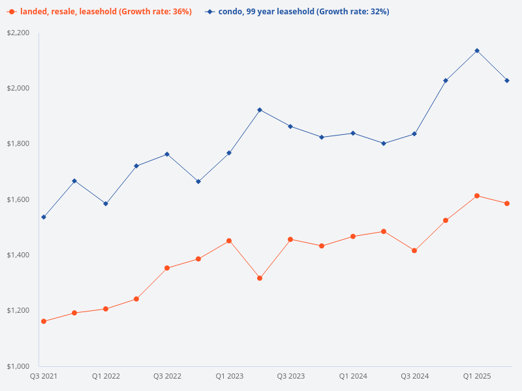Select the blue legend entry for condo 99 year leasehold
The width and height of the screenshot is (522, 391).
[x=298, y=12]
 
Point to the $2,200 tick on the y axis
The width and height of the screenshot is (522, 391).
[x=19, y=33]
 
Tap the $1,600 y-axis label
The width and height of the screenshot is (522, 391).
[x=19, y=199]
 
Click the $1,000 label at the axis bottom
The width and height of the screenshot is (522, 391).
[x=19, y=366]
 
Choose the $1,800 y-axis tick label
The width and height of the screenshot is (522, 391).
[x=19, y=143]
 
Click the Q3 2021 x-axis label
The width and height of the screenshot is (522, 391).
[x=44, y=376]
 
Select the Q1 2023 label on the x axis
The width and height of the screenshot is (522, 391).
[x=229, y=376]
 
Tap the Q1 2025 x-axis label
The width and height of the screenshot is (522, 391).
[x=476, y=376]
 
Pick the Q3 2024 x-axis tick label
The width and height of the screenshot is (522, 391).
[x=414, y=376]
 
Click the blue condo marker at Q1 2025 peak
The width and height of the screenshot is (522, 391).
[x=476, y=50]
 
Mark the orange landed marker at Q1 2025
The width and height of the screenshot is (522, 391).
[x=476, y=195]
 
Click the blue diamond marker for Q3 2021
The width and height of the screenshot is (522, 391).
[x=44, y=217]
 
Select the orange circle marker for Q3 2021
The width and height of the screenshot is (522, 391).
[x=44, y=321]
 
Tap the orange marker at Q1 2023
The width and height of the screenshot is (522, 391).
[x=229, y=240]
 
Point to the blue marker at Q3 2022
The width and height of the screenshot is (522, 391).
[x=167, y=154]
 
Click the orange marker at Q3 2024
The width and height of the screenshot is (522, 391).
[x=414, y=250]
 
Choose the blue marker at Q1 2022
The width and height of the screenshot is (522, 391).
[x=106, y=203]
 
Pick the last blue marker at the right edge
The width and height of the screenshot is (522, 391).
[x=507, y=80]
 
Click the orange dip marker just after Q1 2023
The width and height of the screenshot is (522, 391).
[x=260, y=278]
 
